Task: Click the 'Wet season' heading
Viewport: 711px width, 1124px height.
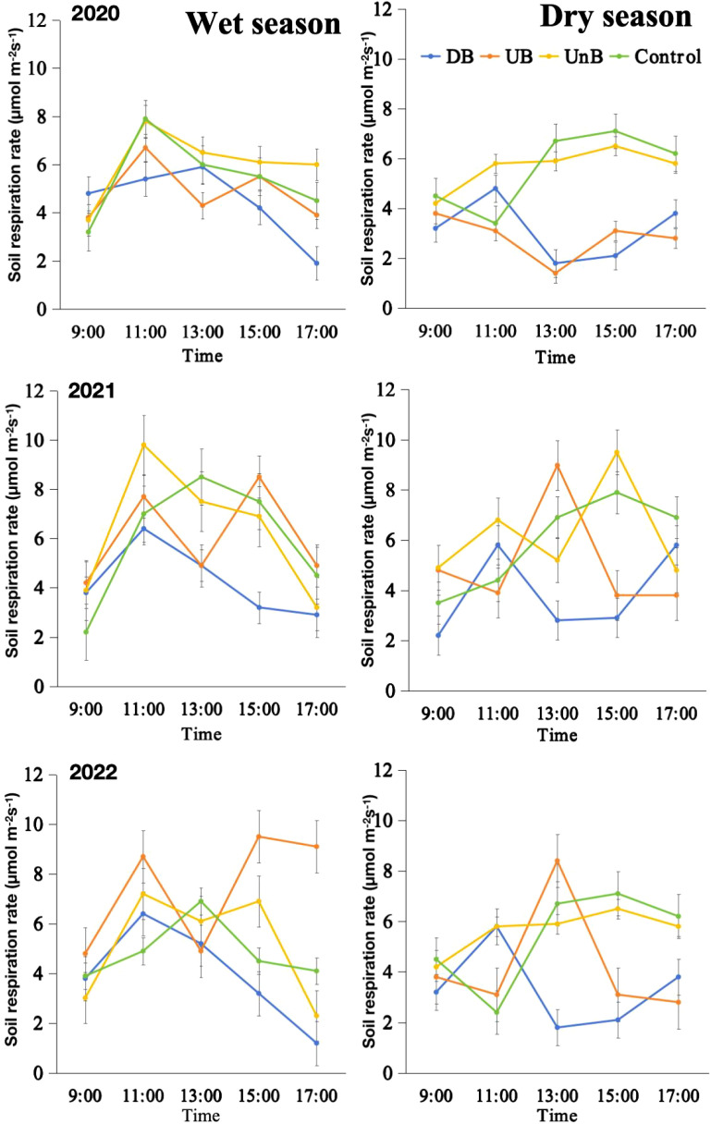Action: click(x=264, y=24)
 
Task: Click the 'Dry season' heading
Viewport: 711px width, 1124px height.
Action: click(x=616, y=17)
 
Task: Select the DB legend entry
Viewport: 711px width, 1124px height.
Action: click(x=447, y=56)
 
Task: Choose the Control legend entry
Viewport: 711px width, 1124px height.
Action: click(x=655, y=56)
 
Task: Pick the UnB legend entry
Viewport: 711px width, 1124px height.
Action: click(x=571, y=56)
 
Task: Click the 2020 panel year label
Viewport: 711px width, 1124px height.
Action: click(x=95, y=14)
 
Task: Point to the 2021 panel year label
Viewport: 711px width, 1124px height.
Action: click(x=92, y=390)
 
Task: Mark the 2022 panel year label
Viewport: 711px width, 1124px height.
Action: click(x=93, y=772)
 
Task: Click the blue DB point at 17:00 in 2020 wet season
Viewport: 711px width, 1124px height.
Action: click(x=316, y=263)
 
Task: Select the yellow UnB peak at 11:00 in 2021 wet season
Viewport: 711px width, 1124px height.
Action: click(x=143, y=445)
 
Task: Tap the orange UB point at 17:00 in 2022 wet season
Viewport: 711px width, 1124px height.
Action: click(x=316, y=847)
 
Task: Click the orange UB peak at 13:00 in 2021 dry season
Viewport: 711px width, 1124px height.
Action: click(x=557, y=465)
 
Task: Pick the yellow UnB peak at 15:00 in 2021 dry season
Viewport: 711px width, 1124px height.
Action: click(x=617, y=453)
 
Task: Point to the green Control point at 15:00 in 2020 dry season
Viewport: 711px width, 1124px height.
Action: click(x=616, y=131)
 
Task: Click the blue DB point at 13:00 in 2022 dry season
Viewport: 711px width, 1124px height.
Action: click(x=557, y=1027)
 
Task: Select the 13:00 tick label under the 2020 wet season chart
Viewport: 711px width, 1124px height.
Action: click(x=202, y=332)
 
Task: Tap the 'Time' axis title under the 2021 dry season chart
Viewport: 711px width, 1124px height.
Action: click(x=557, y=735)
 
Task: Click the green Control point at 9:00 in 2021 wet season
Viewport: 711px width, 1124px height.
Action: click(x=86, y=631)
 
